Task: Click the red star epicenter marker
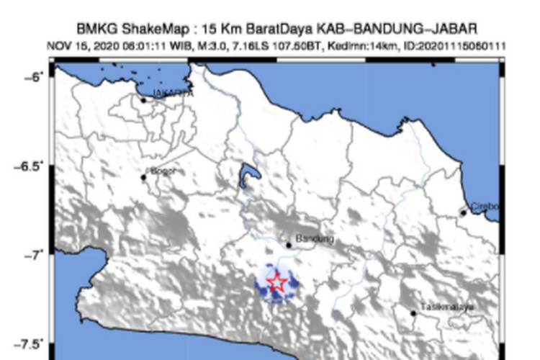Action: [276, 282]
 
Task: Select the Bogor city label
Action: [163, 171]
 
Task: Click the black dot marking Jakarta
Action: [143, 100]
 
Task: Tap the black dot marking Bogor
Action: [143, 177]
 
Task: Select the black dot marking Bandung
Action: [289, 245]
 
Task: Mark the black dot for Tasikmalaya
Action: [413, 313]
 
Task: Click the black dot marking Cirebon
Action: [464, 212]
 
